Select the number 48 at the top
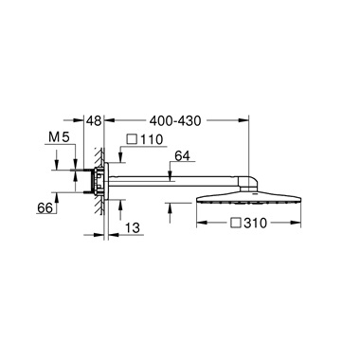pos(92,121)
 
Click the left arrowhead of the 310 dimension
pos(200,225)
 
